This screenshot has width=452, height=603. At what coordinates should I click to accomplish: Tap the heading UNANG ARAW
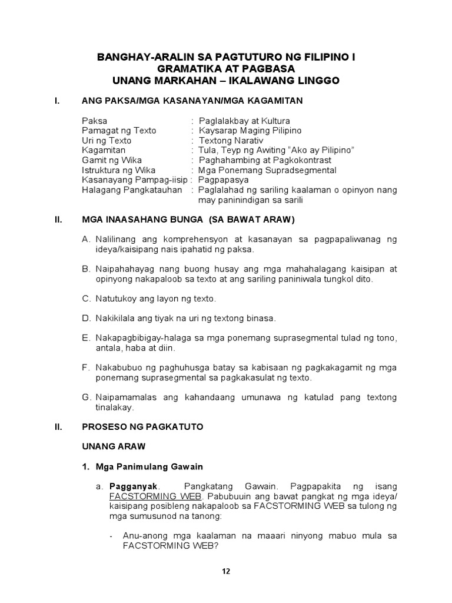pos(113,447)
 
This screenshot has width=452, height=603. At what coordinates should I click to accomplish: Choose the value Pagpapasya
pos(223,180)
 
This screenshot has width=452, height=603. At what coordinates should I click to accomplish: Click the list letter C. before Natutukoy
pos(86,299)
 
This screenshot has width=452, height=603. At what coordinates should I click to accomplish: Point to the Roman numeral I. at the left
pos(56,101)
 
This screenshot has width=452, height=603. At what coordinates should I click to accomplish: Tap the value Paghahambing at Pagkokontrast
pos(265,160)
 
